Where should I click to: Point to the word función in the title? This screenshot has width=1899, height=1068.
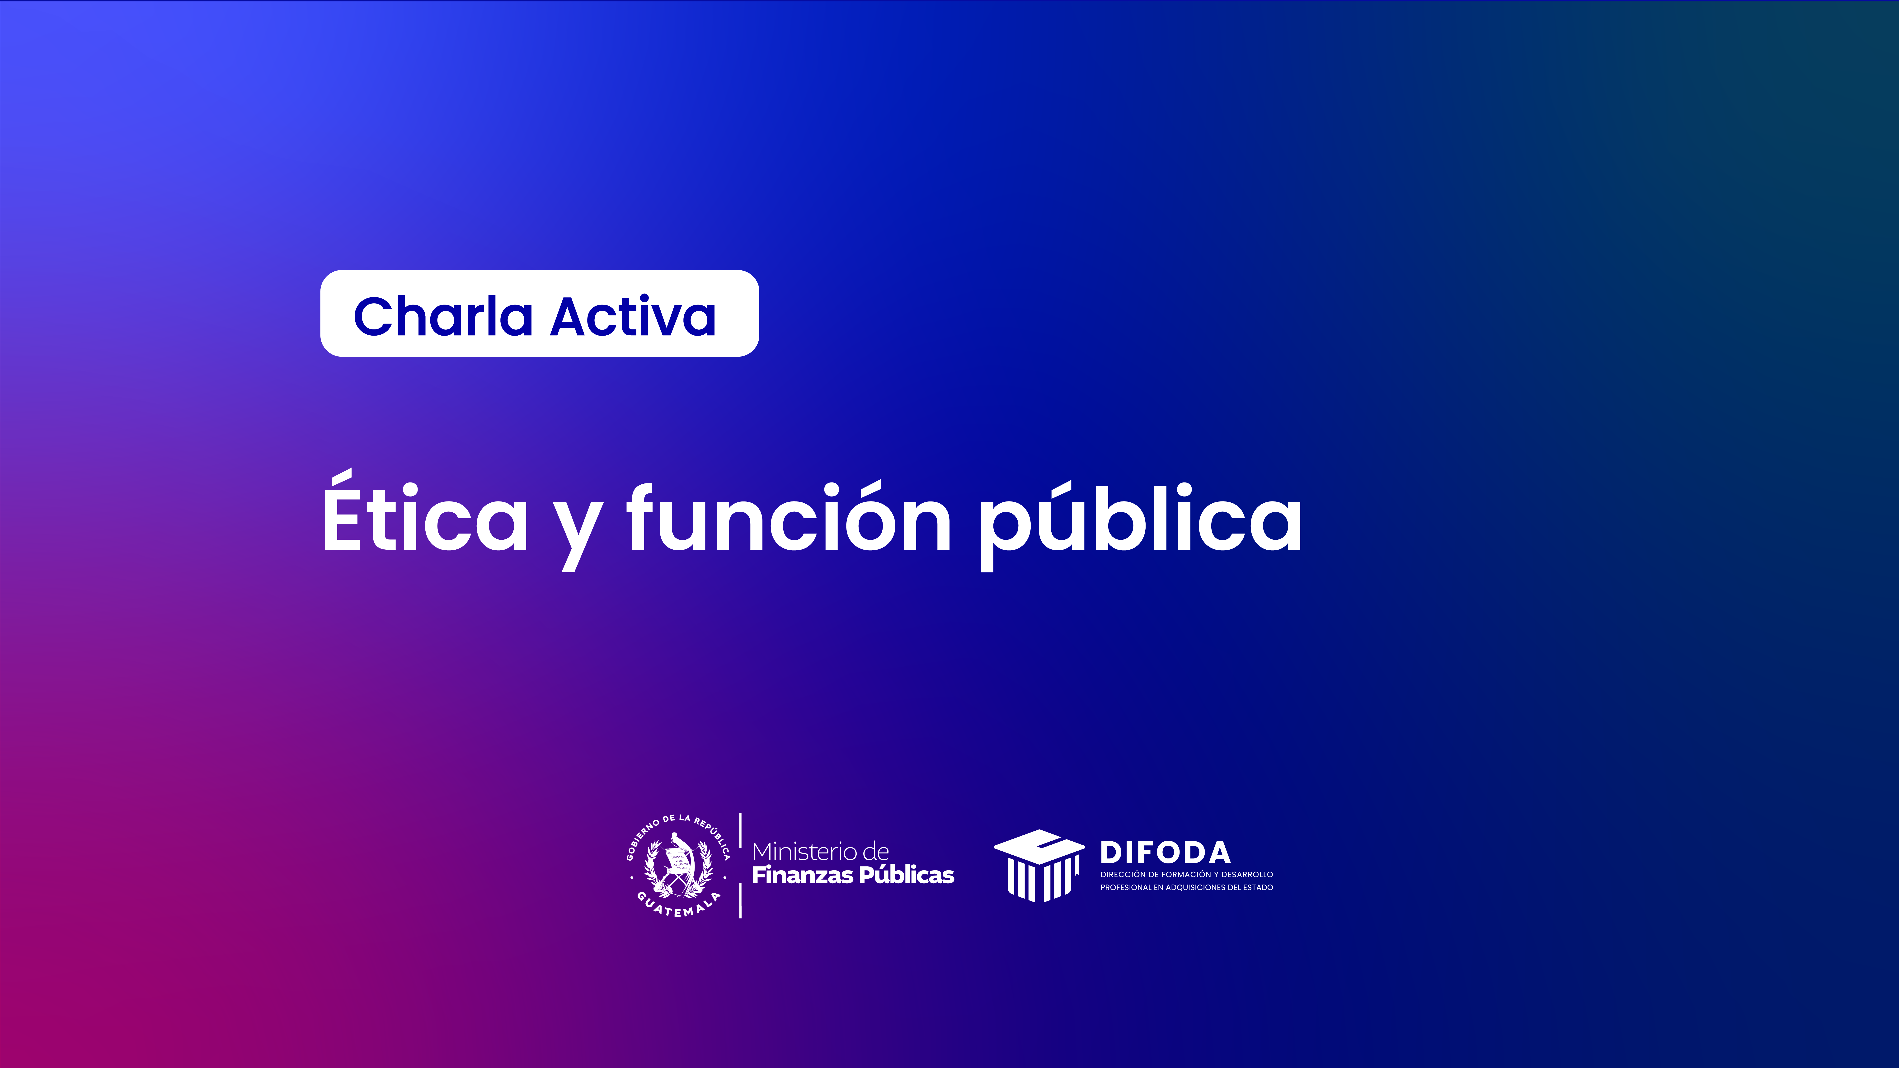click(x=789, y=516)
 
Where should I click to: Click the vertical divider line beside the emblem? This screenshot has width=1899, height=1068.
click(x=740, y=865)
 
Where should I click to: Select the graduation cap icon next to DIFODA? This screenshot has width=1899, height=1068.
click(x=1039, y=865)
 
